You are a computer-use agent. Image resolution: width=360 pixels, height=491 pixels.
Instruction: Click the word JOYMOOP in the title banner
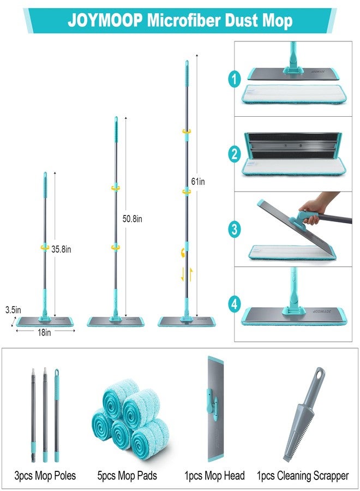point(105,20)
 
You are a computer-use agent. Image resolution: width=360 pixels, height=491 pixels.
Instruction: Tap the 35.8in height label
point(61,249)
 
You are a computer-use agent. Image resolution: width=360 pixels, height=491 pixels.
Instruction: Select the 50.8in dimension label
point(132,219)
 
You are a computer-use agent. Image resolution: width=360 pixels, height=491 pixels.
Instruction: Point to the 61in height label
point(198,181)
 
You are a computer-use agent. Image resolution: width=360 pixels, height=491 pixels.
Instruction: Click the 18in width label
point(44,333)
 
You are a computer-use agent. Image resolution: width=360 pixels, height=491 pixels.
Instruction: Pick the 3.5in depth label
point(13,310)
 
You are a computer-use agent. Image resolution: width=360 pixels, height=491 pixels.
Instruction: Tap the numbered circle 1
point(235,79)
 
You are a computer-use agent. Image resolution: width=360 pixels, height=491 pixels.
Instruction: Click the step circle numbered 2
point(235,154)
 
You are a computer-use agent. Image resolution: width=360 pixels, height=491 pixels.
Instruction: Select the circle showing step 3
point(235,229)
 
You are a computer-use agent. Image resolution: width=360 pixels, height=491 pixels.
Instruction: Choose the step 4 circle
point(235,304)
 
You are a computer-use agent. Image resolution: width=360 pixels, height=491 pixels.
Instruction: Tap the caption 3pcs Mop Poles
point(45,475)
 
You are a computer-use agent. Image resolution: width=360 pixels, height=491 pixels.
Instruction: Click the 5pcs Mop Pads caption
point(127,475)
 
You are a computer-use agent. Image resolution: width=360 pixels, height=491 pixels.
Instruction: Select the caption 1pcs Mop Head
point(214,475)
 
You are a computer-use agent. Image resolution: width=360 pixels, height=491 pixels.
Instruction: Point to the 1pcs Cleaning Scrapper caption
point(303,475)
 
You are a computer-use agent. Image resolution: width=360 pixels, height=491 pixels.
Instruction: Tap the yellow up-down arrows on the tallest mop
point(187,274)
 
